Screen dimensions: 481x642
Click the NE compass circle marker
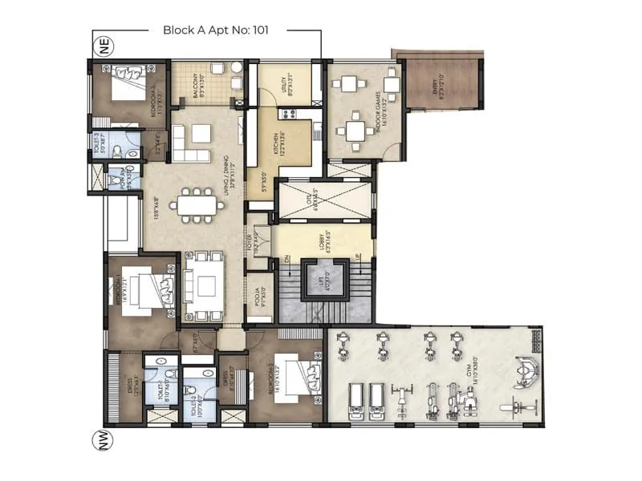pyautogui.click(x=103, y=46)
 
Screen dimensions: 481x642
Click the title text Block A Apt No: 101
pyautogui.click(x=214, y=30)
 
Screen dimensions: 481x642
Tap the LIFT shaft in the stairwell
pyautogui.click(x=325, y=281)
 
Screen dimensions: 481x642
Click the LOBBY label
pyautogui.click(x=324, y=240)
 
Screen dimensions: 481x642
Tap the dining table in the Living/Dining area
pyautogui.click(x=197, y=204)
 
